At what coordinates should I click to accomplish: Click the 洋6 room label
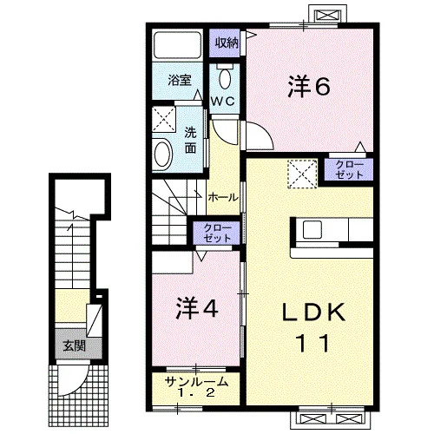(309, 86)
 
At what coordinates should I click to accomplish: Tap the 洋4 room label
(197, 308)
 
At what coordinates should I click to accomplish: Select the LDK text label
(313, 312)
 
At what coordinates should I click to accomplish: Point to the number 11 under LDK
(313, 343)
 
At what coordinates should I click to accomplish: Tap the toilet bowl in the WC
(225, 79)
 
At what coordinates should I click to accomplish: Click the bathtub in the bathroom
(177, 45)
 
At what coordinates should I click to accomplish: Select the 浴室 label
(180, 80)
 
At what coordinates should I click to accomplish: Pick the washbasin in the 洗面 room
(163, 154)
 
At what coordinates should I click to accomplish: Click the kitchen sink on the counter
(312, 229)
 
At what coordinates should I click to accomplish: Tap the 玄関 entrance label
(75, 345)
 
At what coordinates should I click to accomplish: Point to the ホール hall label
(223, 198)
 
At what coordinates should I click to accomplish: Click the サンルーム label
(196, 382)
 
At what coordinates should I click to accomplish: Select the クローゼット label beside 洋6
(349, 170)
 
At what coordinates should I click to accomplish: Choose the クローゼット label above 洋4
(217, 233)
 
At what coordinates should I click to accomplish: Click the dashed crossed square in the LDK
(302, 174)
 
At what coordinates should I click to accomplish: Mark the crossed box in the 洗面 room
(164, 120)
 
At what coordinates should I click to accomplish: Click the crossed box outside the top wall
(328, 15)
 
